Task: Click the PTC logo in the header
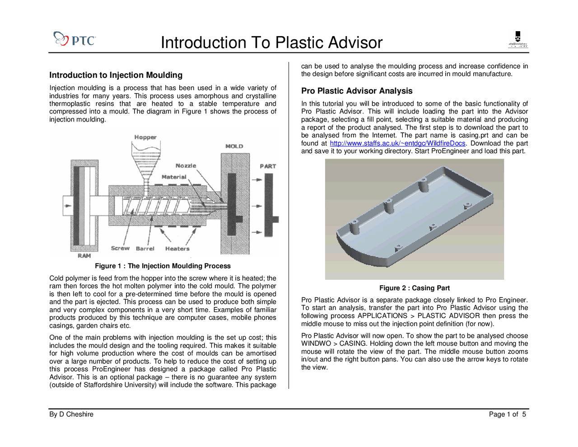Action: [75, 39]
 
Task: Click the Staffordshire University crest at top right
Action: [518, 39]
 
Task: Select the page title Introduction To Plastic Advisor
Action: [271, 42]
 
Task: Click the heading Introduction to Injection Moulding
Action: [116, 75]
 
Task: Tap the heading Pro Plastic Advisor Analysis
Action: [357, 91]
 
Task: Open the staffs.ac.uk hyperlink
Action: [397, 143]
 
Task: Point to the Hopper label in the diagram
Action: [145, 137]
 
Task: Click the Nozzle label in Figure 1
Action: [186, 166]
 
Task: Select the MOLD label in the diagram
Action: [234, 146]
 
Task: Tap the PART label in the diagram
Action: [268, 166]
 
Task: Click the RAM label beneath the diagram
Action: [84, 256]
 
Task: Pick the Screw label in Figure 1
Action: [120, 248]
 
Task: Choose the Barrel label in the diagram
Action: [145, 249]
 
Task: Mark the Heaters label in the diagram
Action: [177, 249]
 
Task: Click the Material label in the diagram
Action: [174, 177]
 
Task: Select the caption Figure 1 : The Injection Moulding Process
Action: [163, 266]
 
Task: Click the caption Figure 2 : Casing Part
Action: [414, 288]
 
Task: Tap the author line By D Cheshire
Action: [71, 414]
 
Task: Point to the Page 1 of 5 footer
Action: [507, 414]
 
